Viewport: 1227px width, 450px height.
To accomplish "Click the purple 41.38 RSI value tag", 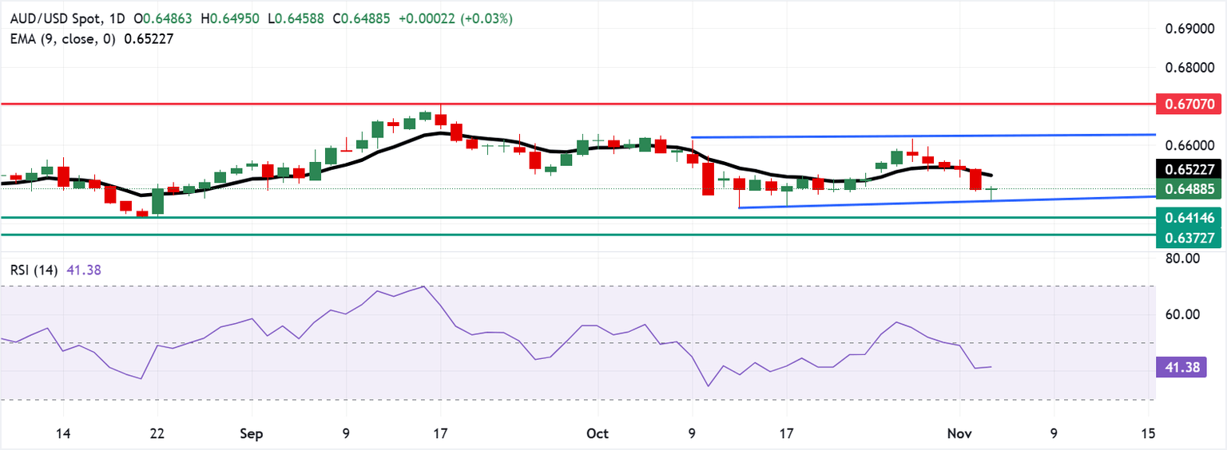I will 1180,368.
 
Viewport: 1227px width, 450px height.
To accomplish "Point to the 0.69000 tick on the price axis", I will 1185,30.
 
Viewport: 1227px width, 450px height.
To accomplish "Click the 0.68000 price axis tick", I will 1185,68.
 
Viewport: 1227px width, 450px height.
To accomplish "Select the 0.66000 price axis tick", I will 1185,145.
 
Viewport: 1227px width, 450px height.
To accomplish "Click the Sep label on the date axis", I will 252,433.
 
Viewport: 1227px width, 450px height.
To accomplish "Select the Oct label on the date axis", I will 597,433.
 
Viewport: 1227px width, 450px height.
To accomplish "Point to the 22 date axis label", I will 157,433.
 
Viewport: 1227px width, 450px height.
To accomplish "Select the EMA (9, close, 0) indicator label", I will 58,38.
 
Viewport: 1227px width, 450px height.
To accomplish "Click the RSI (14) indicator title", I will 32,270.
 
